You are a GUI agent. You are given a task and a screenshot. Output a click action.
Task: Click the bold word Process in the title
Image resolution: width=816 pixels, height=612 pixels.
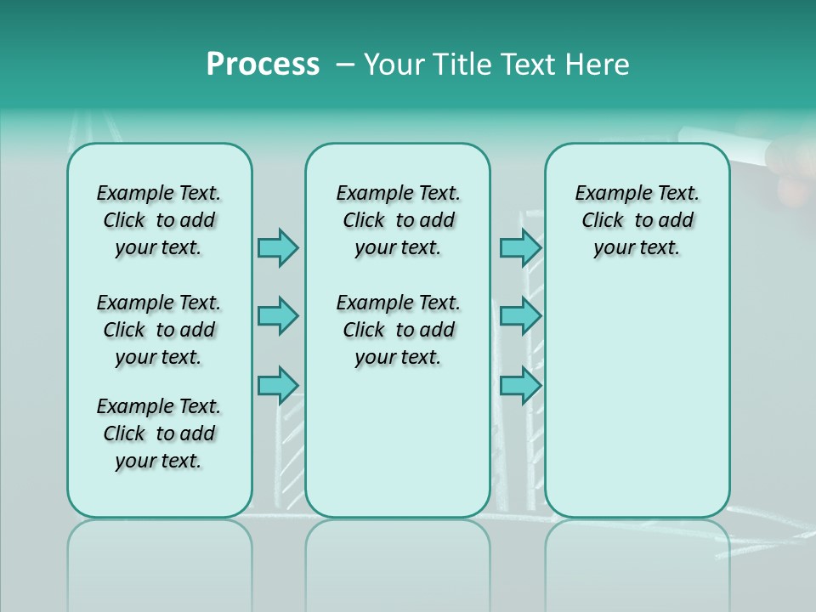[263, 65]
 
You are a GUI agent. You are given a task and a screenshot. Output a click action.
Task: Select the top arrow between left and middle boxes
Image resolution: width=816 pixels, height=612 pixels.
[278, 247]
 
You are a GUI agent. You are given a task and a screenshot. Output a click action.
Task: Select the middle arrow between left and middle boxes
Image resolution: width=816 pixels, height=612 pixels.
[278, 316]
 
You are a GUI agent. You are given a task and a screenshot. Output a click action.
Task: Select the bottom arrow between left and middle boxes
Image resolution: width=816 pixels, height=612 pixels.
[278, 386]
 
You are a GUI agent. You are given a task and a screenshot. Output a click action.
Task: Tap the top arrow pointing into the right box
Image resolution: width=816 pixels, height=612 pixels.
[520, 247]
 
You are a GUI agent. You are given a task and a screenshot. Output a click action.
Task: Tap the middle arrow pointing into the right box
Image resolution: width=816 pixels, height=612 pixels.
[520, 316]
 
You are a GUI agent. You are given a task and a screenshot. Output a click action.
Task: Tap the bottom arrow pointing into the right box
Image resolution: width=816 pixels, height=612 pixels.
[520, 386]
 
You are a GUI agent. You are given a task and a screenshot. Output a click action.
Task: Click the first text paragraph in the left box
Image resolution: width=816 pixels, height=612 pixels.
[159, 220]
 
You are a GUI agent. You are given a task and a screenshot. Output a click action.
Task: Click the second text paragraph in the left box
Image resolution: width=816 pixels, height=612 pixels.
[159, 330]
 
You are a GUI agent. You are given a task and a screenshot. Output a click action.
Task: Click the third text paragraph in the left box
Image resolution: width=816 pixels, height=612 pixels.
[159, 433]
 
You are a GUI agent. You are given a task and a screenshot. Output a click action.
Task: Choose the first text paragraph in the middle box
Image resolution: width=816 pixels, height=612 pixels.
[398, 220]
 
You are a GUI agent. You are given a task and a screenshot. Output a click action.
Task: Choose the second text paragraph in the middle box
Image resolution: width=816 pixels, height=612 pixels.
[398, 330]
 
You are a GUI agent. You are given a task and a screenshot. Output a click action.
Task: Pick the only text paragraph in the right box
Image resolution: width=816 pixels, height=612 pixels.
[637, 220]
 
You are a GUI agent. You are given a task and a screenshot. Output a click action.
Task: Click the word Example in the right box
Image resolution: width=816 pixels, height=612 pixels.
[606, 194]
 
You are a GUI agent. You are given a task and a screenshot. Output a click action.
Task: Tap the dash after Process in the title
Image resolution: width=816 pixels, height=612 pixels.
[342, 65]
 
